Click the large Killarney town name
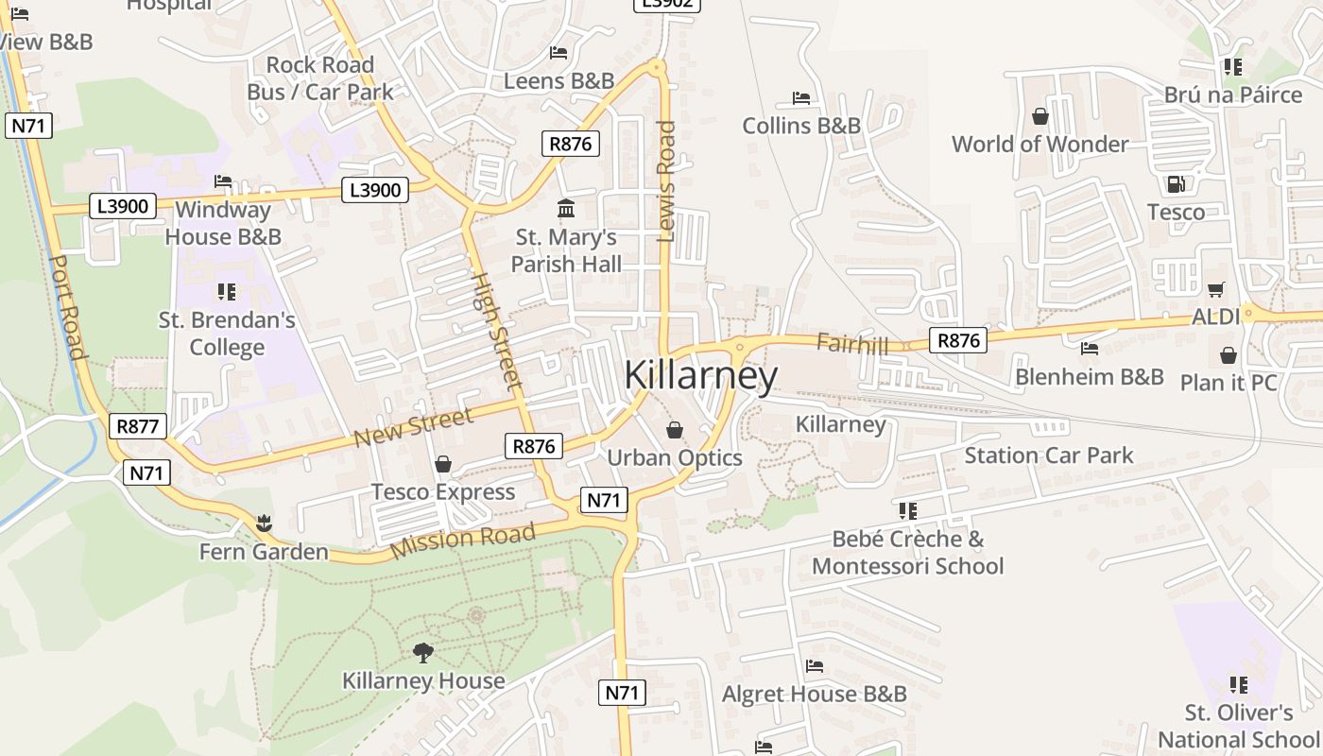point(700,375)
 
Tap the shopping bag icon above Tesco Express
point(442,464)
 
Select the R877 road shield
point(137,426)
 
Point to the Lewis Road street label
point(666,180)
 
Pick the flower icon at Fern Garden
point(264,523)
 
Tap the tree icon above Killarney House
point(422,652)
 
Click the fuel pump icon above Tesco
point(1176,184)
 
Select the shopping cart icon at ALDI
point(1215,289)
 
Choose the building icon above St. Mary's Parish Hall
point(566,208)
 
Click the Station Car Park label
point(1048,455)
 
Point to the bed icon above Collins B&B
point(800,98)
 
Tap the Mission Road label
point(463,539)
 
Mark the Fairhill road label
point(852,344)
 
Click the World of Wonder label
point(1039,145)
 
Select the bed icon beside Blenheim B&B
point(1089,349)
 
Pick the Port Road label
point(67,307)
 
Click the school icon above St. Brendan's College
point(227,292)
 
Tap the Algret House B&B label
point(814,695)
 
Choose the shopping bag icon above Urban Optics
point(675,431)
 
